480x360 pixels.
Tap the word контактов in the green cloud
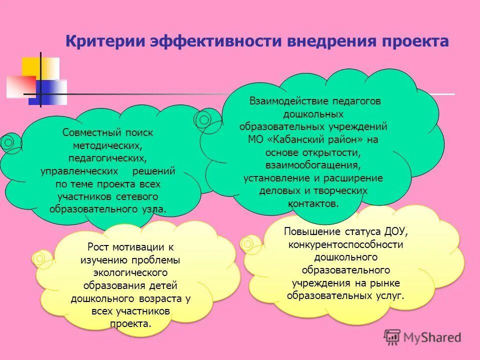point(312,204)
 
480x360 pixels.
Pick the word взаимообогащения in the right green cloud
point(313,165)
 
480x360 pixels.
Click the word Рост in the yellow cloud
point(98,247)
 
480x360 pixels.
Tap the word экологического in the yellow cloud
point(129,273)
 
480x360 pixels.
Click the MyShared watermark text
point(430,337)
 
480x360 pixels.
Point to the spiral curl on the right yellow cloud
point(247,243)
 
